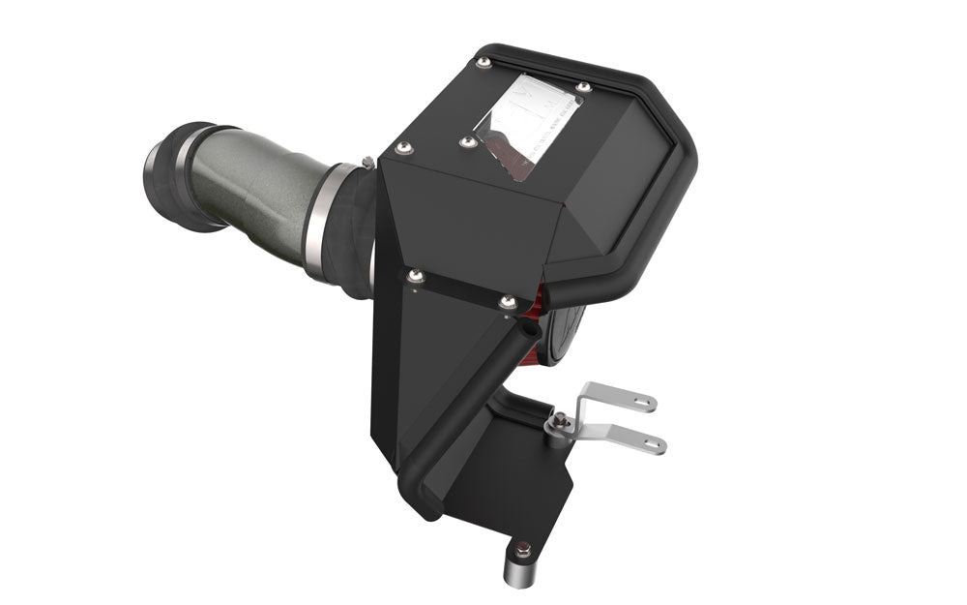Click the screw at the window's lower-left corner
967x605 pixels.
(467, 142)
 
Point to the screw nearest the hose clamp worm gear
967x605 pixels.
(403, 148)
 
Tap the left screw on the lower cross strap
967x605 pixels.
(415, 277)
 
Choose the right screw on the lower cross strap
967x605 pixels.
(508, 303)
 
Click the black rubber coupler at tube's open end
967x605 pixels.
(174, 174)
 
